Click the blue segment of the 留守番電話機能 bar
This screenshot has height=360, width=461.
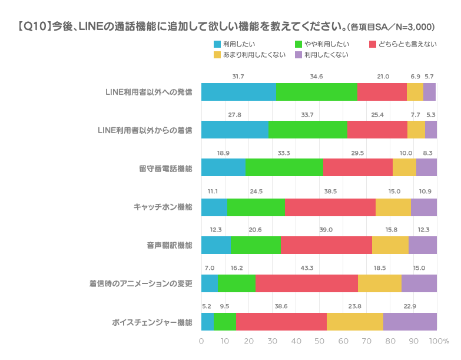pyautogui.click(x=224, y=168)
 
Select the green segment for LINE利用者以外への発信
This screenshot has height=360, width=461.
pyautogui.click(x=317, y=92)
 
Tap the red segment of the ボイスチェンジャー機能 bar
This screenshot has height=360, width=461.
pyautogui.click(x=281, y=322)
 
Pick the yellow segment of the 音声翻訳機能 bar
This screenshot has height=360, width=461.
pyautogui.click(x=390, y=245)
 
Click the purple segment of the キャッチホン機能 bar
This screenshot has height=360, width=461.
pyautogui.click(x=424, y=207)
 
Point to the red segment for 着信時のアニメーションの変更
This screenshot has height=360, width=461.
pyautogui.click(x=307, y=283)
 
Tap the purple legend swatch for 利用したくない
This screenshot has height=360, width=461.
pyautogui.click(x=299, y=55)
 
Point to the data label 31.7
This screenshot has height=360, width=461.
pyautogui.click(x=238, y=76)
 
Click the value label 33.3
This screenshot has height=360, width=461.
pyautogui.click(x=284, y=153)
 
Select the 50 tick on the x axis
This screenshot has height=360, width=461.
pyautogui.click(x=319, y=342)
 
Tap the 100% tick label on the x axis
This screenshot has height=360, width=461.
pyautogui.click(x=439, y=342)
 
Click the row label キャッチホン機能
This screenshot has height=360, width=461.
pyautogui.click(x=163, y=207)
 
